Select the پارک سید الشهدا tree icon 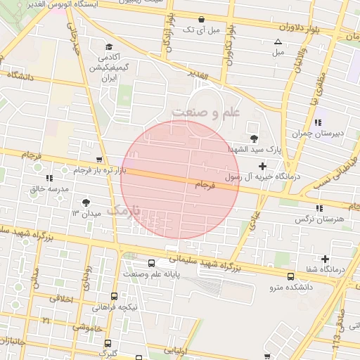tap(253, 139)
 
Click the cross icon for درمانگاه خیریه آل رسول tap(263, 167)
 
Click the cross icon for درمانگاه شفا tap(325, 259)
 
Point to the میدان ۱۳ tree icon tap(86, 202)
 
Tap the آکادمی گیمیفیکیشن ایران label tap(108, 67)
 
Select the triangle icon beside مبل tap(278, 41)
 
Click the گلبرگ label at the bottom tap(108, 354)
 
